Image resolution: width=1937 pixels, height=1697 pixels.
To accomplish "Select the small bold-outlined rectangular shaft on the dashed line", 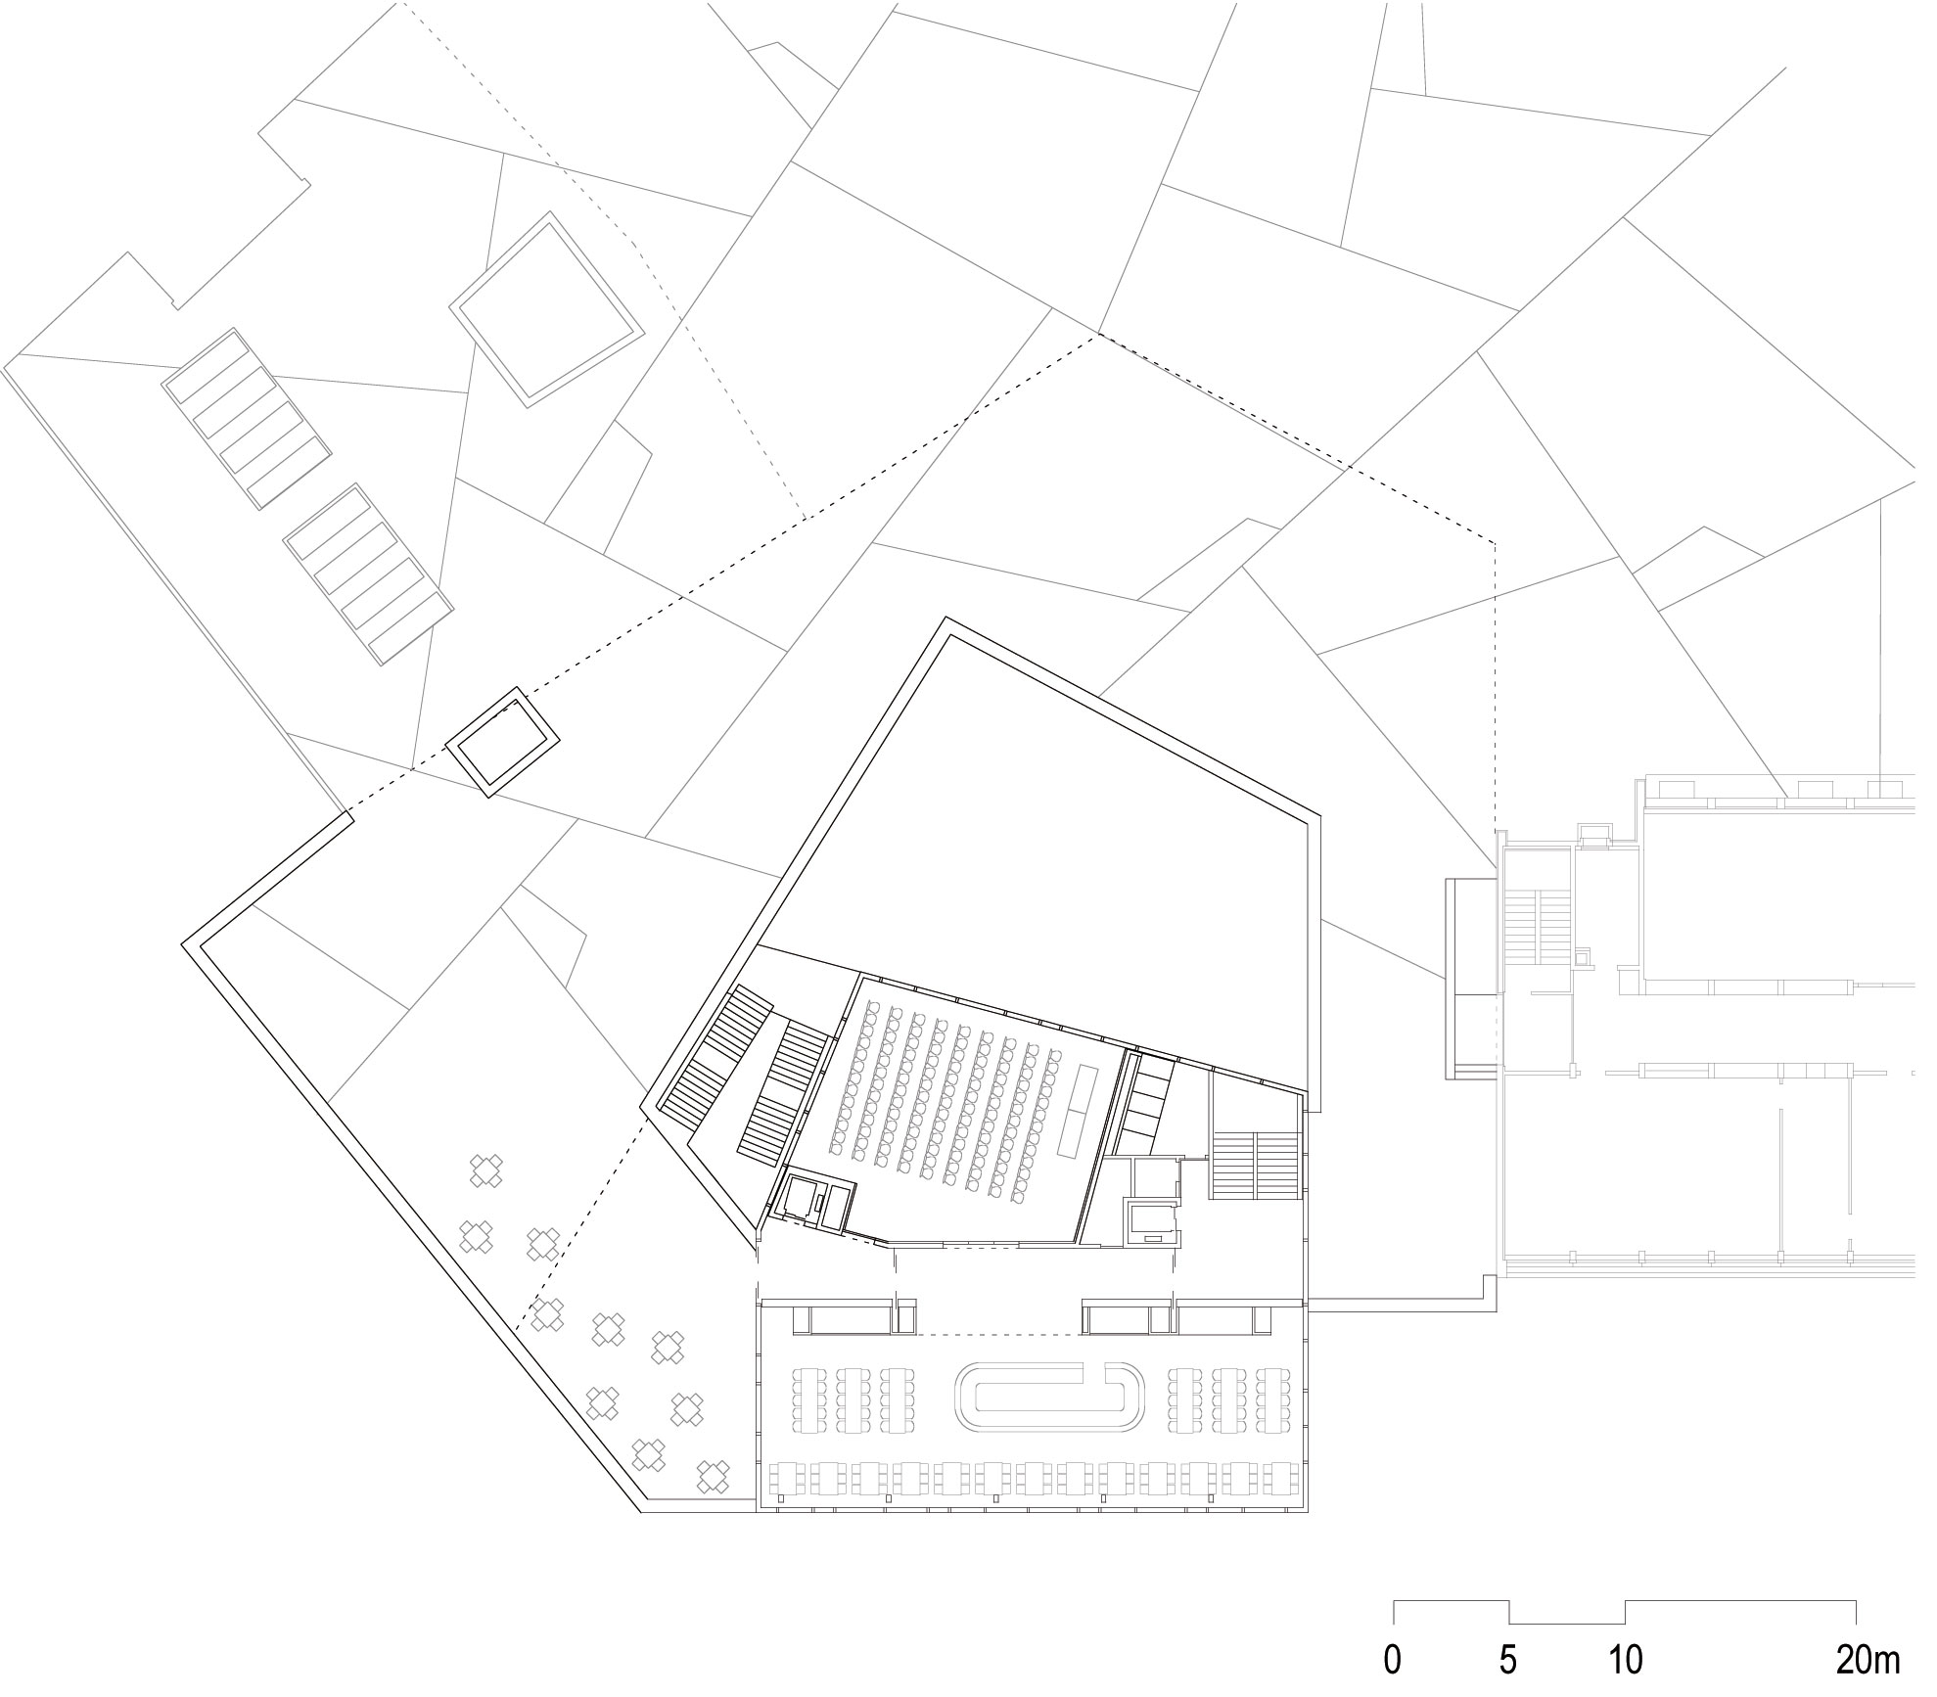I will (503, 741).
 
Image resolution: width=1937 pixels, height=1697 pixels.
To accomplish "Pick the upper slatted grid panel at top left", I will (247, 418).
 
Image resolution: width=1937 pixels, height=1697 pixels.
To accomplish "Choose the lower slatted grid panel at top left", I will (369, 573).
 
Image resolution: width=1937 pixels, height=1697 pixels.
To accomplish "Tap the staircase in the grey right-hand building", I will (1538, 926).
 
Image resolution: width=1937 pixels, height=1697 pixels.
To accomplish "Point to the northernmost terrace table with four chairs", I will (486, 1170).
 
